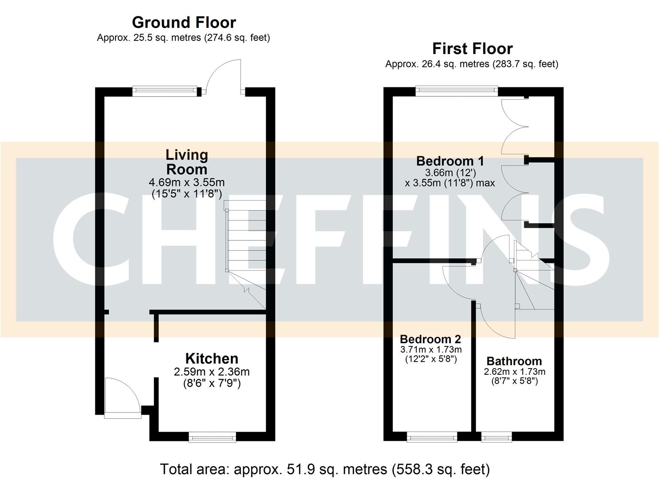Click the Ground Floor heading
click(184, 22)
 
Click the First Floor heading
click(472, 48)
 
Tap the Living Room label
click(187, 162)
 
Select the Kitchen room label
click(212, 358)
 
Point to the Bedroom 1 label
click(450, 161)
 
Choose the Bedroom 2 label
click(430, 339)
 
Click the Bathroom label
click(514, 361)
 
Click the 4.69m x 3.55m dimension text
click(187, 182)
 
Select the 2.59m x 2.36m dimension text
click(212, 372)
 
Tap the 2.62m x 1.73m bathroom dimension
click(514, 372)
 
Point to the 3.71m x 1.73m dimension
click(430, 350)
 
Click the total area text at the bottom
click(325, 469)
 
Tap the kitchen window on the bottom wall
click(212, 438)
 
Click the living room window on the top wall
click(165, 91)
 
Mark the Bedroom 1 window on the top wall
click(456, 91)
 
